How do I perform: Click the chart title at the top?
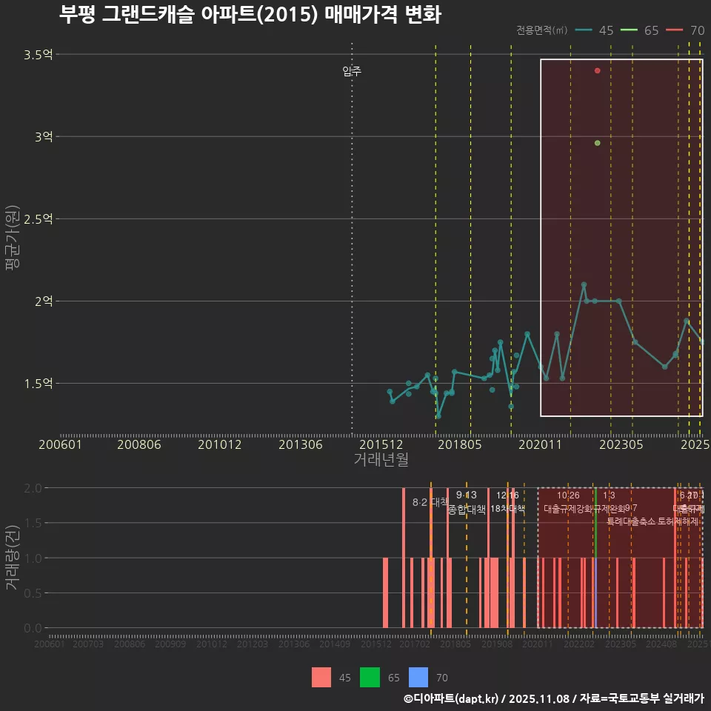(250, 15)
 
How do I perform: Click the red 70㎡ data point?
(597, 70)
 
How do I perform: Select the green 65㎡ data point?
(597, 143)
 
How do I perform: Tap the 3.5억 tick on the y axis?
(37, 55)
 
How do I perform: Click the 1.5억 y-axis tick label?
(37, 384)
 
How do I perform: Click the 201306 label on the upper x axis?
(299, 445)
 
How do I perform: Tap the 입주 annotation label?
(352, 72)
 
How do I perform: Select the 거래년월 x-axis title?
(381, 459)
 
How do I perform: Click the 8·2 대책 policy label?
(430, 502)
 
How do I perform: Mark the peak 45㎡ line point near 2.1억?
(584, 284)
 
